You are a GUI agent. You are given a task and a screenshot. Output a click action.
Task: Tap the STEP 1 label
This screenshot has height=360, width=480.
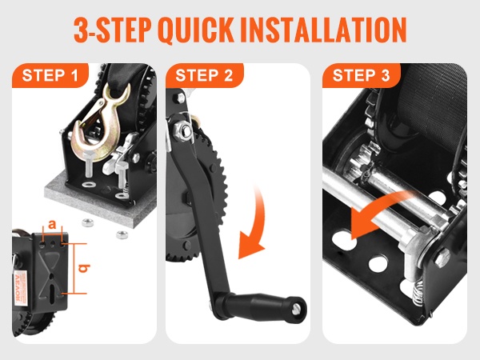click(50, 75)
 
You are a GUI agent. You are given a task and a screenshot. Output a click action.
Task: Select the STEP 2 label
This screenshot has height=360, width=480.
click(204, 75)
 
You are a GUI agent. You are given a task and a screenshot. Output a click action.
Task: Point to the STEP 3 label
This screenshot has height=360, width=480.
click(362, 75)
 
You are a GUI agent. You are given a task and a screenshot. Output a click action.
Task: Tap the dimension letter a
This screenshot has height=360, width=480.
click(52, 224)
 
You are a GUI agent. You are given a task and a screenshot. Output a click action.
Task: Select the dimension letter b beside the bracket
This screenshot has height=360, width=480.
click(84, 268)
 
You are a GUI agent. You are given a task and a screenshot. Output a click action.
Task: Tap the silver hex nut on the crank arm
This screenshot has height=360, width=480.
click(182, 130)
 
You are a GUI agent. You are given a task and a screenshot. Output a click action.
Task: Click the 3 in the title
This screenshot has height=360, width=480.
click(81, 30)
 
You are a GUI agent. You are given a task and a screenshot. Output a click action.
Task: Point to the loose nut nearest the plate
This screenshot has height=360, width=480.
click(88, 222)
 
